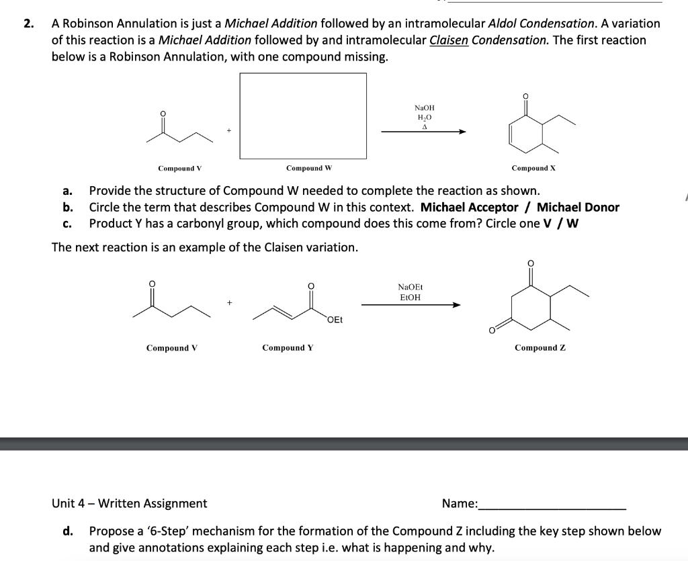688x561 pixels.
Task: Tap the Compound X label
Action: (533, 168)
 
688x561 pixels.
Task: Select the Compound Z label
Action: (540, 347)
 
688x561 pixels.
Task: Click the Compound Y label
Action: (288, 347)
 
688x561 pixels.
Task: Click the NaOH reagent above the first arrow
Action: (424, 107)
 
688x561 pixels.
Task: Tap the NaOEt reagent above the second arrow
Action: (410, 287)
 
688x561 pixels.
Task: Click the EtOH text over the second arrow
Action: (410, 297)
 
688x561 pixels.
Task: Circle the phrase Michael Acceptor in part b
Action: (469, 207)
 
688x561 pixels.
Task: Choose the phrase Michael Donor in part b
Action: (578, 207)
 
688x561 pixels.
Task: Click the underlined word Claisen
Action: (449, 40)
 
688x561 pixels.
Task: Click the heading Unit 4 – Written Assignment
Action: (130, 503)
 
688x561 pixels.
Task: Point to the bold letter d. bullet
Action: (68, 531)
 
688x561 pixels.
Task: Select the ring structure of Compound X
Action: (527, 131)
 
